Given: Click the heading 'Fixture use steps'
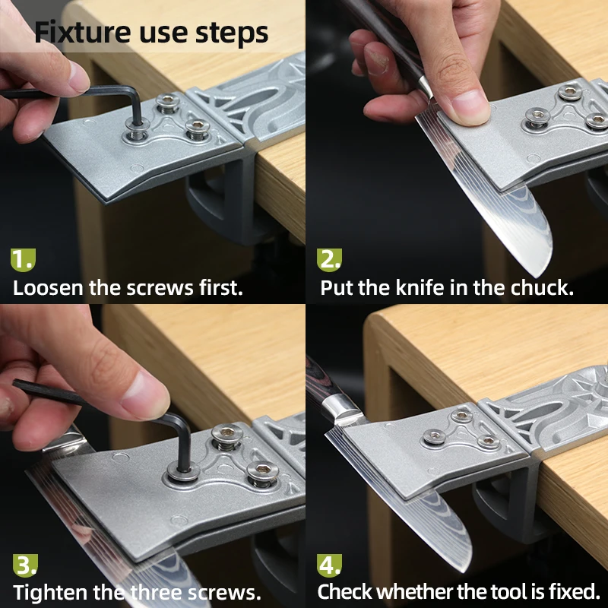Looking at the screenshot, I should coord(151,33).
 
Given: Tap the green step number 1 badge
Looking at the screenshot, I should coord(22,259).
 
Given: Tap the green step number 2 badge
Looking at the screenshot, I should coord(329,259).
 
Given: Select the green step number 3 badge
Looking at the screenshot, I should coord(25,564).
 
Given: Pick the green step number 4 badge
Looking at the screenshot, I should coord(329,564).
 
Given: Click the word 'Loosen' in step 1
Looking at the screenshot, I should coord(47,288).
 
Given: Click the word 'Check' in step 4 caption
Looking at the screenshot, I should coord(344,591).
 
